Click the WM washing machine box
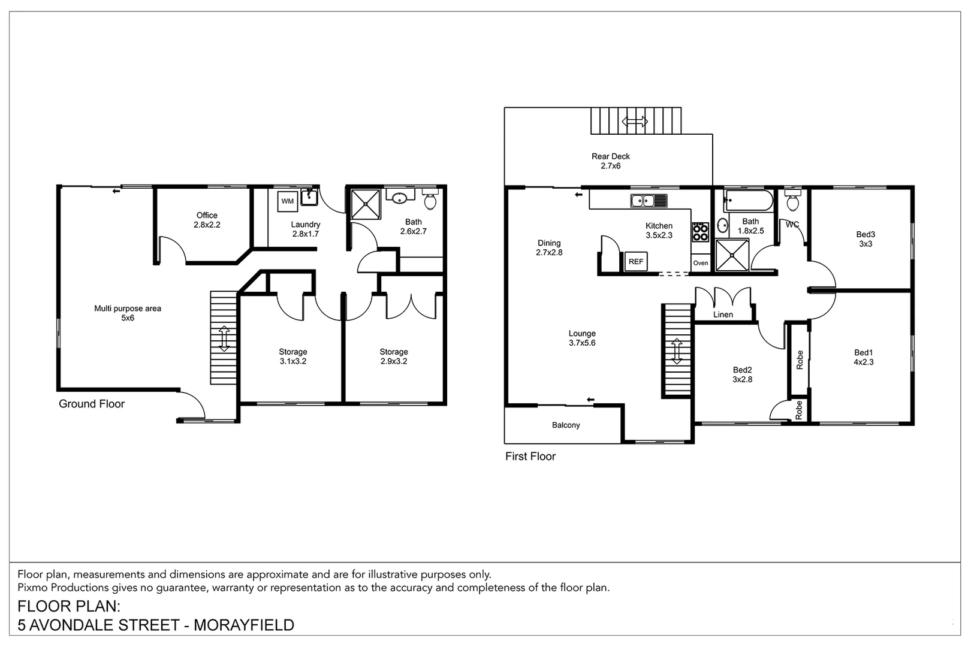pos(288,201)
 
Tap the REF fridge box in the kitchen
pos(635,262)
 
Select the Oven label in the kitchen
pos(701,263)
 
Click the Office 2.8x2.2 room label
pos(207,220)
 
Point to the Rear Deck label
pos(610,161)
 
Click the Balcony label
pos(566,425)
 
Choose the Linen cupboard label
pos(723,315)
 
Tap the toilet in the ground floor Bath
pos(430,199)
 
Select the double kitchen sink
pos(649,201)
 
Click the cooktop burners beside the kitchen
pos(701,232)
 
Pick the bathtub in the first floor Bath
pos(747,201)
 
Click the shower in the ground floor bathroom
pos(365,204)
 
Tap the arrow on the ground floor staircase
pos(224,338)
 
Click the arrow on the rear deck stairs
pos(635,122)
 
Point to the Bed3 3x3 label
pos(866,239)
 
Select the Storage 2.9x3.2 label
pos(394,356)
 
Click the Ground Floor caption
pos(92,404)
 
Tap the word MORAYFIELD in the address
pos(244,625)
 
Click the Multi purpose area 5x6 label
pos(128,313)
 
